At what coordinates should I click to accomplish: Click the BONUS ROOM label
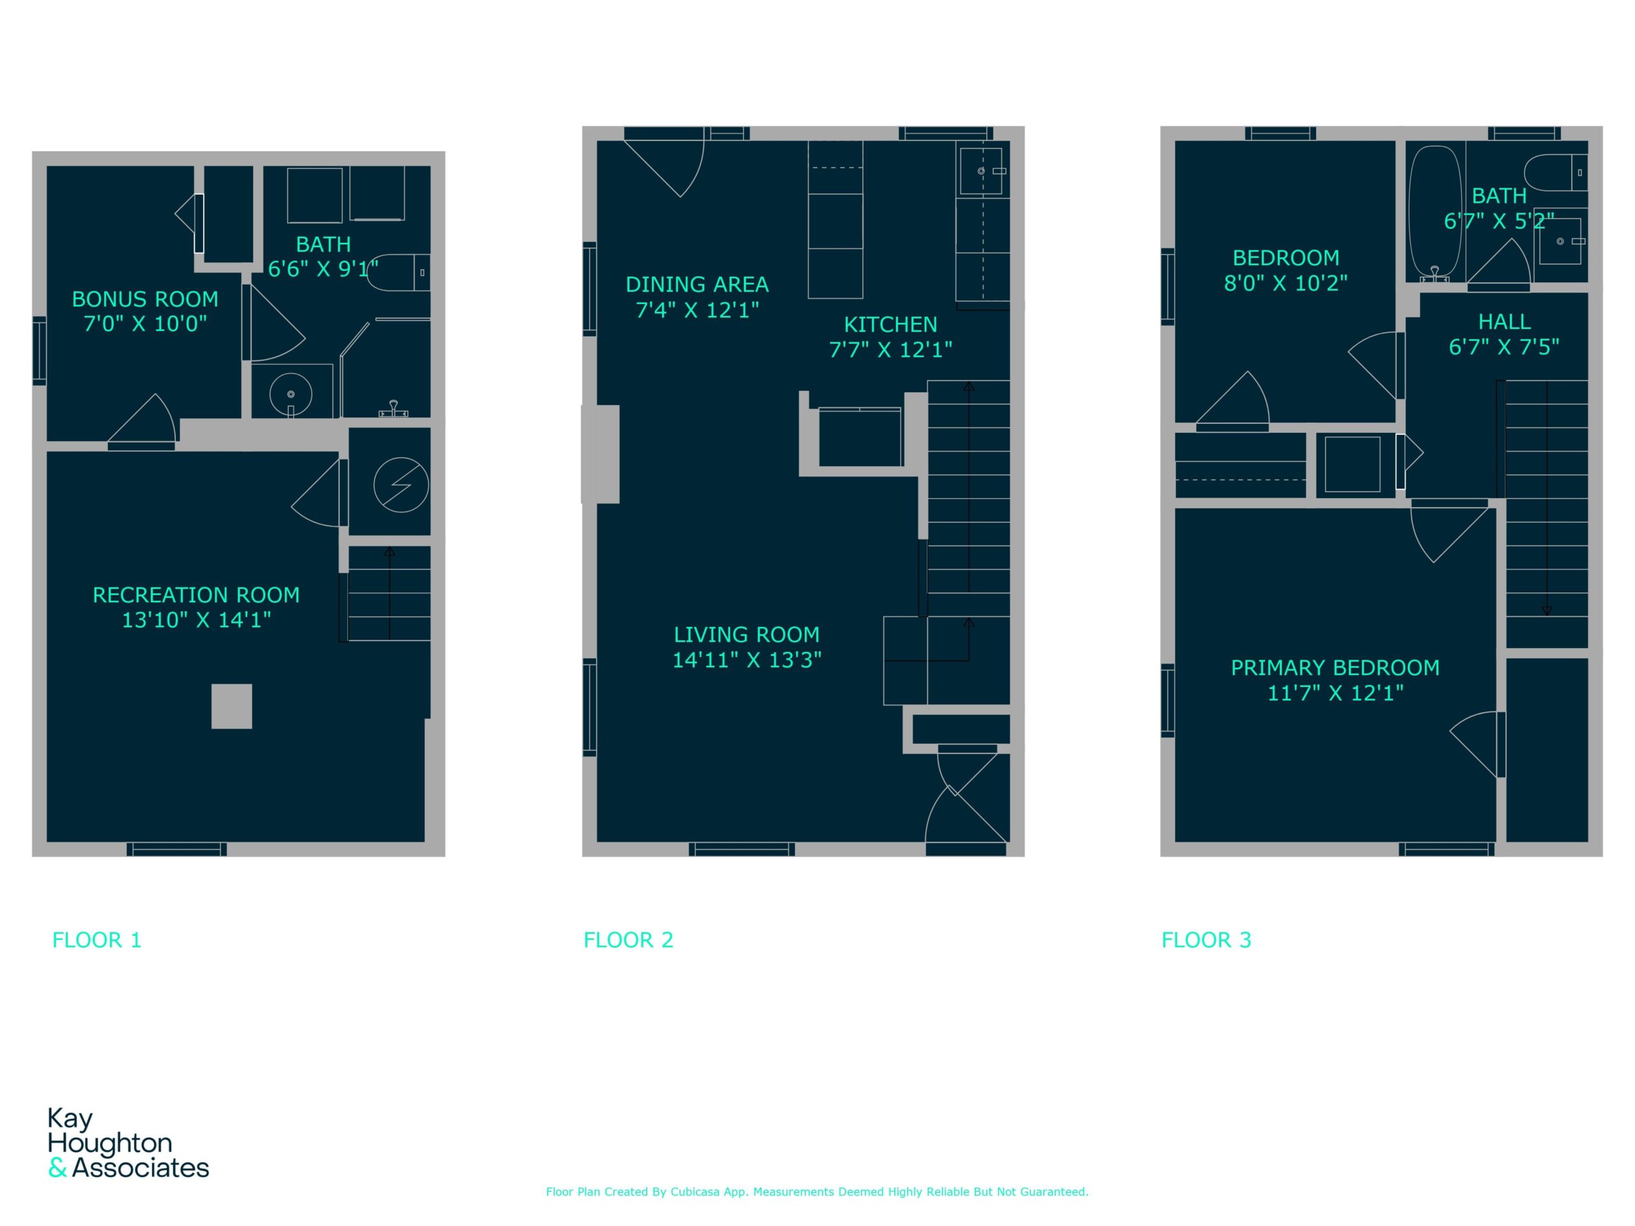tap(145, 299)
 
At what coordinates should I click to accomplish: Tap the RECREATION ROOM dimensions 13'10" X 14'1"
tap(197, 620)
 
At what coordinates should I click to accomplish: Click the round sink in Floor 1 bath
tap(291, 395)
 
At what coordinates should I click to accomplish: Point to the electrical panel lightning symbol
tap(400, 485)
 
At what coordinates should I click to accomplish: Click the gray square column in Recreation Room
tap(231, 706)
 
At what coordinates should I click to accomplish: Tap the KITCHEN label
tap(891, 324)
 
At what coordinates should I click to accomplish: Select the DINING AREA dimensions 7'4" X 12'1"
tap(697, 310)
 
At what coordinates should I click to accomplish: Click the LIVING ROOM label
tap(747, 635)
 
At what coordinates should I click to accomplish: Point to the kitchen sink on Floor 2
tap(982, 171)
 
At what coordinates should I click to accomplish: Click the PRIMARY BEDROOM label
tap(1335, 668)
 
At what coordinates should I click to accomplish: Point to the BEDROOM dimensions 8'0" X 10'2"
tap(1286, 283)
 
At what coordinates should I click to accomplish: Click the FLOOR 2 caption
tap(628, 940)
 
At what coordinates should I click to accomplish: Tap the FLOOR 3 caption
tap(1206, 940)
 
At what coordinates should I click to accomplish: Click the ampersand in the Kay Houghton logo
tap(57, 1168)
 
